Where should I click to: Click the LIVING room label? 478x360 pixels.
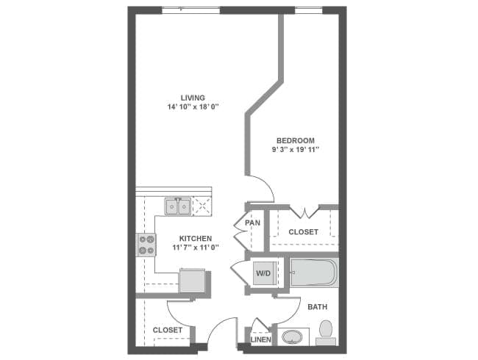click(193, 98)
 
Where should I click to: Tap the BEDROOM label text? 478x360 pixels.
click(296, 140)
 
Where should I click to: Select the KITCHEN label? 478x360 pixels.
click(196, 238)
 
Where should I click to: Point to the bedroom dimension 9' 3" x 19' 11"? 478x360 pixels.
click(296, 150)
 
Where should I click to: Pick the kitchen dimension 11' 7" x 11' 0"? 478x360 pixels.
click(196, 248)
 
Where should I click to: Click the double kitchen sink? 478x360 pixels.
click(177, 206)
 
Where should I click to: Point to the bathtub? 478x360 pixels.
click(313, 274)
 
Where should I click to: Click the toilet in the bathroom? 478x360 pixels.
click(327, 332)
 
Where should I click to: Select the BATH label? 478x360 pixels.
click(318, 306)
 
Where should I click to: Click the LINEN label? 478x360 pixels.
click(260, 339)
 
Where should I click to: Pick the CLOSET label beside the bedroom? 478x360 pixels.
click(303, 232)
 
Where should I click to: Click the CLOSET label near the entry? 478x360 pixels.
click(168, 331)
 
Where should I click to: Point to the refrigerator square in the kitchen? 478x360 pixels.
click(193, 281)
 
